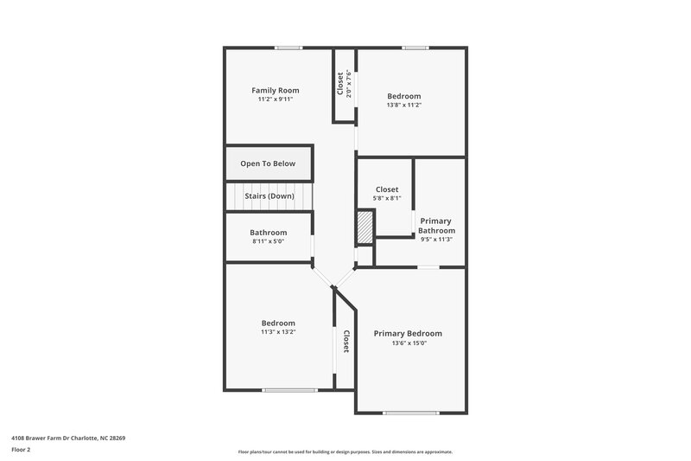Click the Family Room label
pos(276,90)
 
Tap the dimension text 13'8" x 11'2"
pos(404,105)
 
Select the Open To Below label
pos(268,163)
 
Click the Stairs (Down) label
pos(269,196)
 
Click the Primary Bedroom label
pos(408,334)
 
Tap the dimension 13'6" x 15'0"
pos(408,343)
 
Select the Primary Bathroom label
pos(436,226)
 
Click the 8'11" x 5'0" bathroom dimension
pos(268,241)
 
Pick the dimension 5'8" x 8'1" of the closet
pos(387,198)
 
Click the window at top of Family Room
pos(288,48)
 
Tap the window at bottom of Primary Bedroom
pos(410,413)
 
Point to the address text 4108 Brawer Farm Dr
pos(68,439)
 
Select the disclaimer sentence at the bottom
pos(345,451)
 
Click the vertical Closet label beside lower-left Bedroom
pos(345,342)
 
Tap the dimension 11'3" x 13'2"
pos(278,331)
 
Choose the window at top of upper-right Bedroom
pos(415,48)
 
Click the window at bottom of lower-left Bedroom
pos(288,391)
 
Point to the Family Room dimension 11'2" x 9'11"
pos(276,99)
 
